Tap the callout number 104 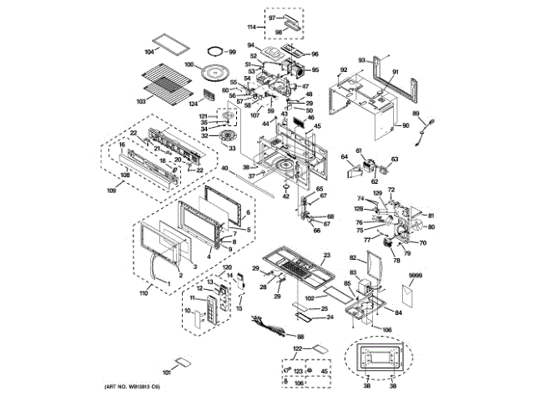point(149,51)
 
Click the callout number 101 point(166,371)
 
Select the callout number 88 point(300,337)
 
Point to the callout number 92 point(343,69)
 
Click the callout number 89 point(416,114)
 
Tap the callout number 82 point(352,258)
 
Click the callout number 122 point(297,348)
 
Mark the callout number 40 point(224,168)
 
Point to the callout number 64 point(344,156)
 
